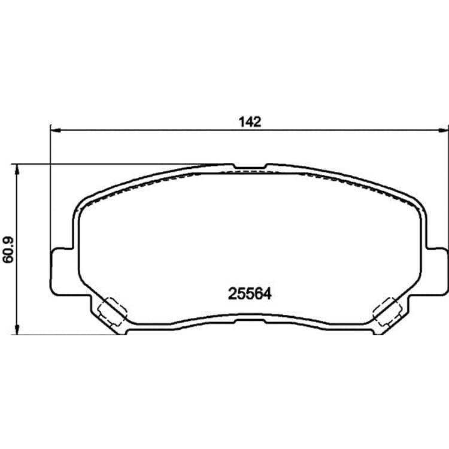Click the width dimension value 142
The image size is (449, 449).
(x=250, y=122)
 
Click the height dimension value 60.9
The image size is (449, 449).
(x=8, y=250)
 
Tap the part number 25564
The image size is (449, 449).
(x=250, y=293)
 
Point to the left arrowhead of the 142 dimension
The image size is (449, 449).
(x=56, y=131)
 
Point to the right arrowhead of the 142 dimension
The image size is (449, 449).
(x=442, y=131)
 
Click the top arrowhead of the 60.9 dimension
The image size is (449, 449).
(x=17, y=169)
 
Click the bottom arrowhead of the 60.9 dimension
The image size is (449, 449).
(x=17, y=329)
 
